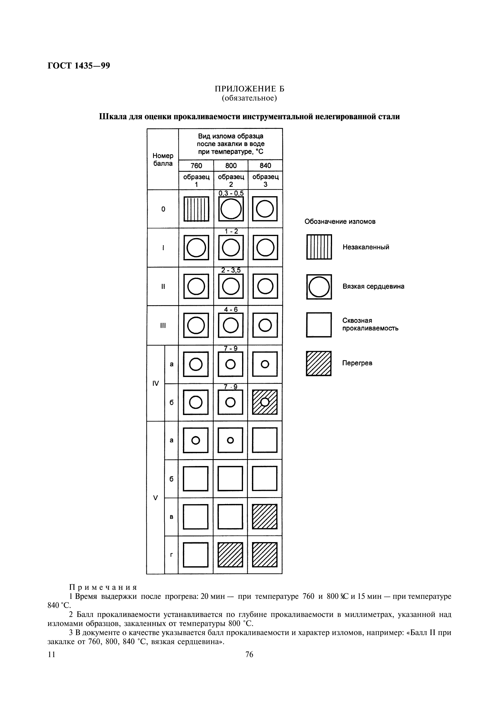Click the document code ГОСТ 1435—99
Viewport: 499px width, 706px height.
(x=79, y=66)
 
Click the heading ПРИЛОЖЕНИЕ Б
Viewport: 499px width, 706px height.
(x=249, y=89)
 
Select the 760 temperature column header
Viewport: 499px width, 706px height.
(x=196, y=166)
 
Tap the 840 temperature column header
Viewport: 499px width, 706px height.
(x=265, y=166)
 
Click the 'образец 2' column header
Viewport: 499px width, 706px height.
(x=231, y=180)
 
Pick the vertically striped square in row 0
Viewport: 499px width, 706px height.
(x=196, y=209)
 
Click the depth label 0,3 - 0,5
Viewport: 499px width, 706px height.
(x=231, y=193)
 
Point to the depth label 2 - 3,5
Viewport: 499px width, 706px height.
(x=231, y=270)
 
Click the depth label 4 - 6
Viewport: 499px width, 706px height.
(x=231, y=309)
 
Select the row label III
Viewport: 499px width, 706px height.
(x=163, y=326)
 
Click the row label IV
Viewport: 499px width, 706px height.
(x=155, y=383)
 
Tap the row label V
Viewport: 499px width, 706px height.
(x=155, y=498)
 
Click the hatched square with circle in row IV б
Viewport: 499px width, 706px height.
(x=265, y=402)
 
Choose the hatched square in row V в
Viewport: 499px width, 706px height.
(x=265, y=516)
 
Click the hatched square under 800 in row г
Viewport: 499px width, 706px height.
(x=230, y=555)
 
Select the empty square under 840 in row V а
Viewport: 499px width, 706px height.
(x=265, y=440)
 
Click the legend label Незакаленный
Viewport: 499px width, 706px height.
(x=366, y=247)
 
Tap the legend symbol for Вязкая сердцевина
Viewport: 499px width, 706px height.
(x=319, y=287)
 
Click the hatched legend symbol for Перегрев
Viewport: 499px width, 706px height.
(x=319, y=363)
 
